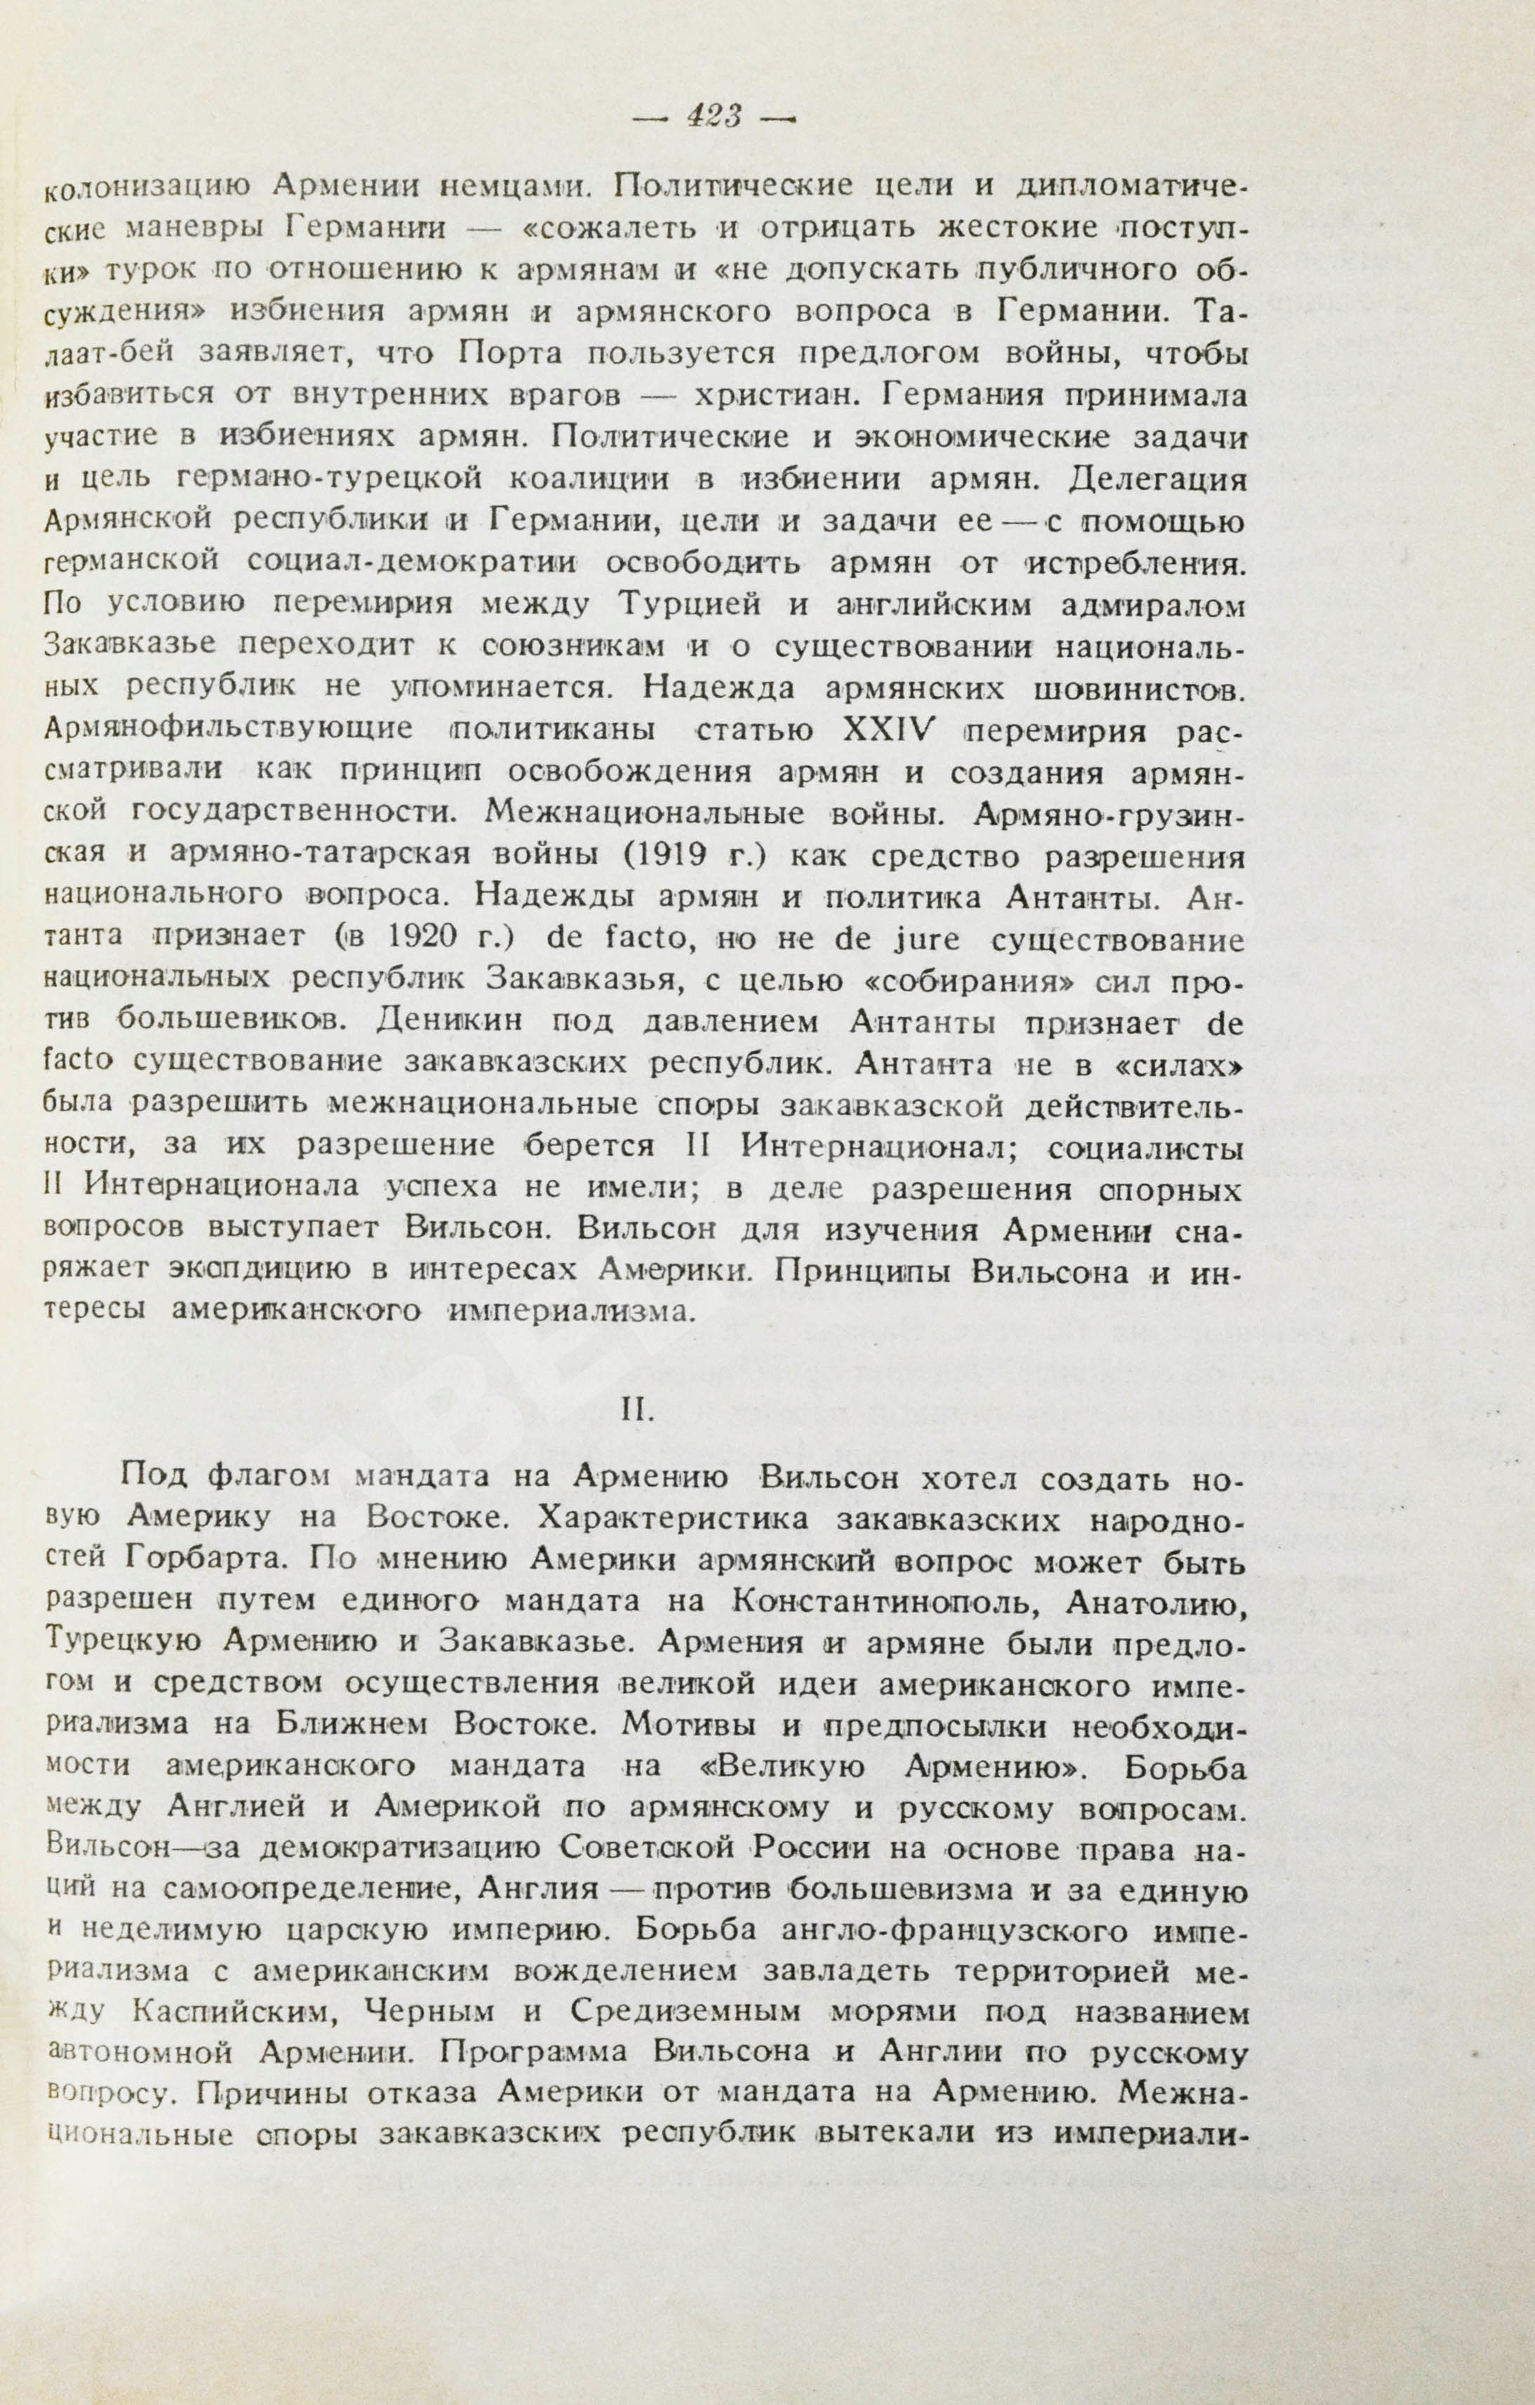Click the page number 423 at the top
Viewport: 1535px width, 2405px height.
712,117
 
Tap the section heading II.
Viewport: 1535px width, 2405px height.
637,1408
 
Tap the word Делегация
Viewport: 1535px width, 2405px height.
1158,479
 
